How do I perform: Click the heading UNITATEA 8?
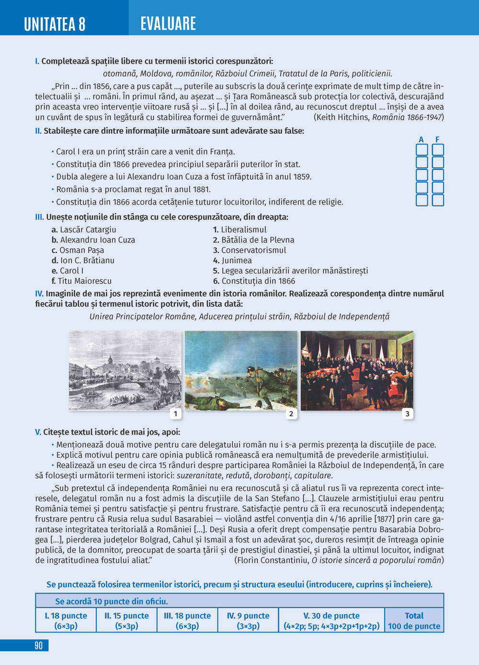55,23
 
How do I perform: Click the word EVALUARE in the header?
168,23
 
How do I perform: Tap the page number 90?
38,645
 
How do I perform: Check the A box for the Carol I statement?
422,150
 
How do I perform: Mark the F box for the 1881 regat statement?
438,188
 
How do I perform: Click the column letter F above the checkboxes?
437,140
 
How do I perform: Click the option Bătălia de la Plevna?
257,240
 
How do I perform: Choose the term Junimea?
236,260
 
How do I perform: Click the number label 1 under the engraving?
175,414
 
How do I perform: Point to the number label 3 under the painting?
407,414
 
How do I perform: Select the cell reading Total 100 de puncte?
414,621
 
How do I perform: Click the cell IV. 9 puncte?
248,621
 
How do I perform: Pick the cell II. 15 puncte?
127,621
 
